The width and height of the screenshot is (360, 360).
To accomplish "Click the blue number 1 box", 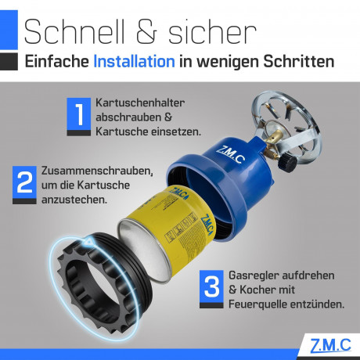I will (79, 116).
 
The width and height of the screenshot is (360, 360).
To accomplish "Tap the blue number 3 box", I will (211, 286).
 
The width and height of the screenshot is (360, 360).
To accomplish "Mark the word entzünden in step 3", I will (315, 302).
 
